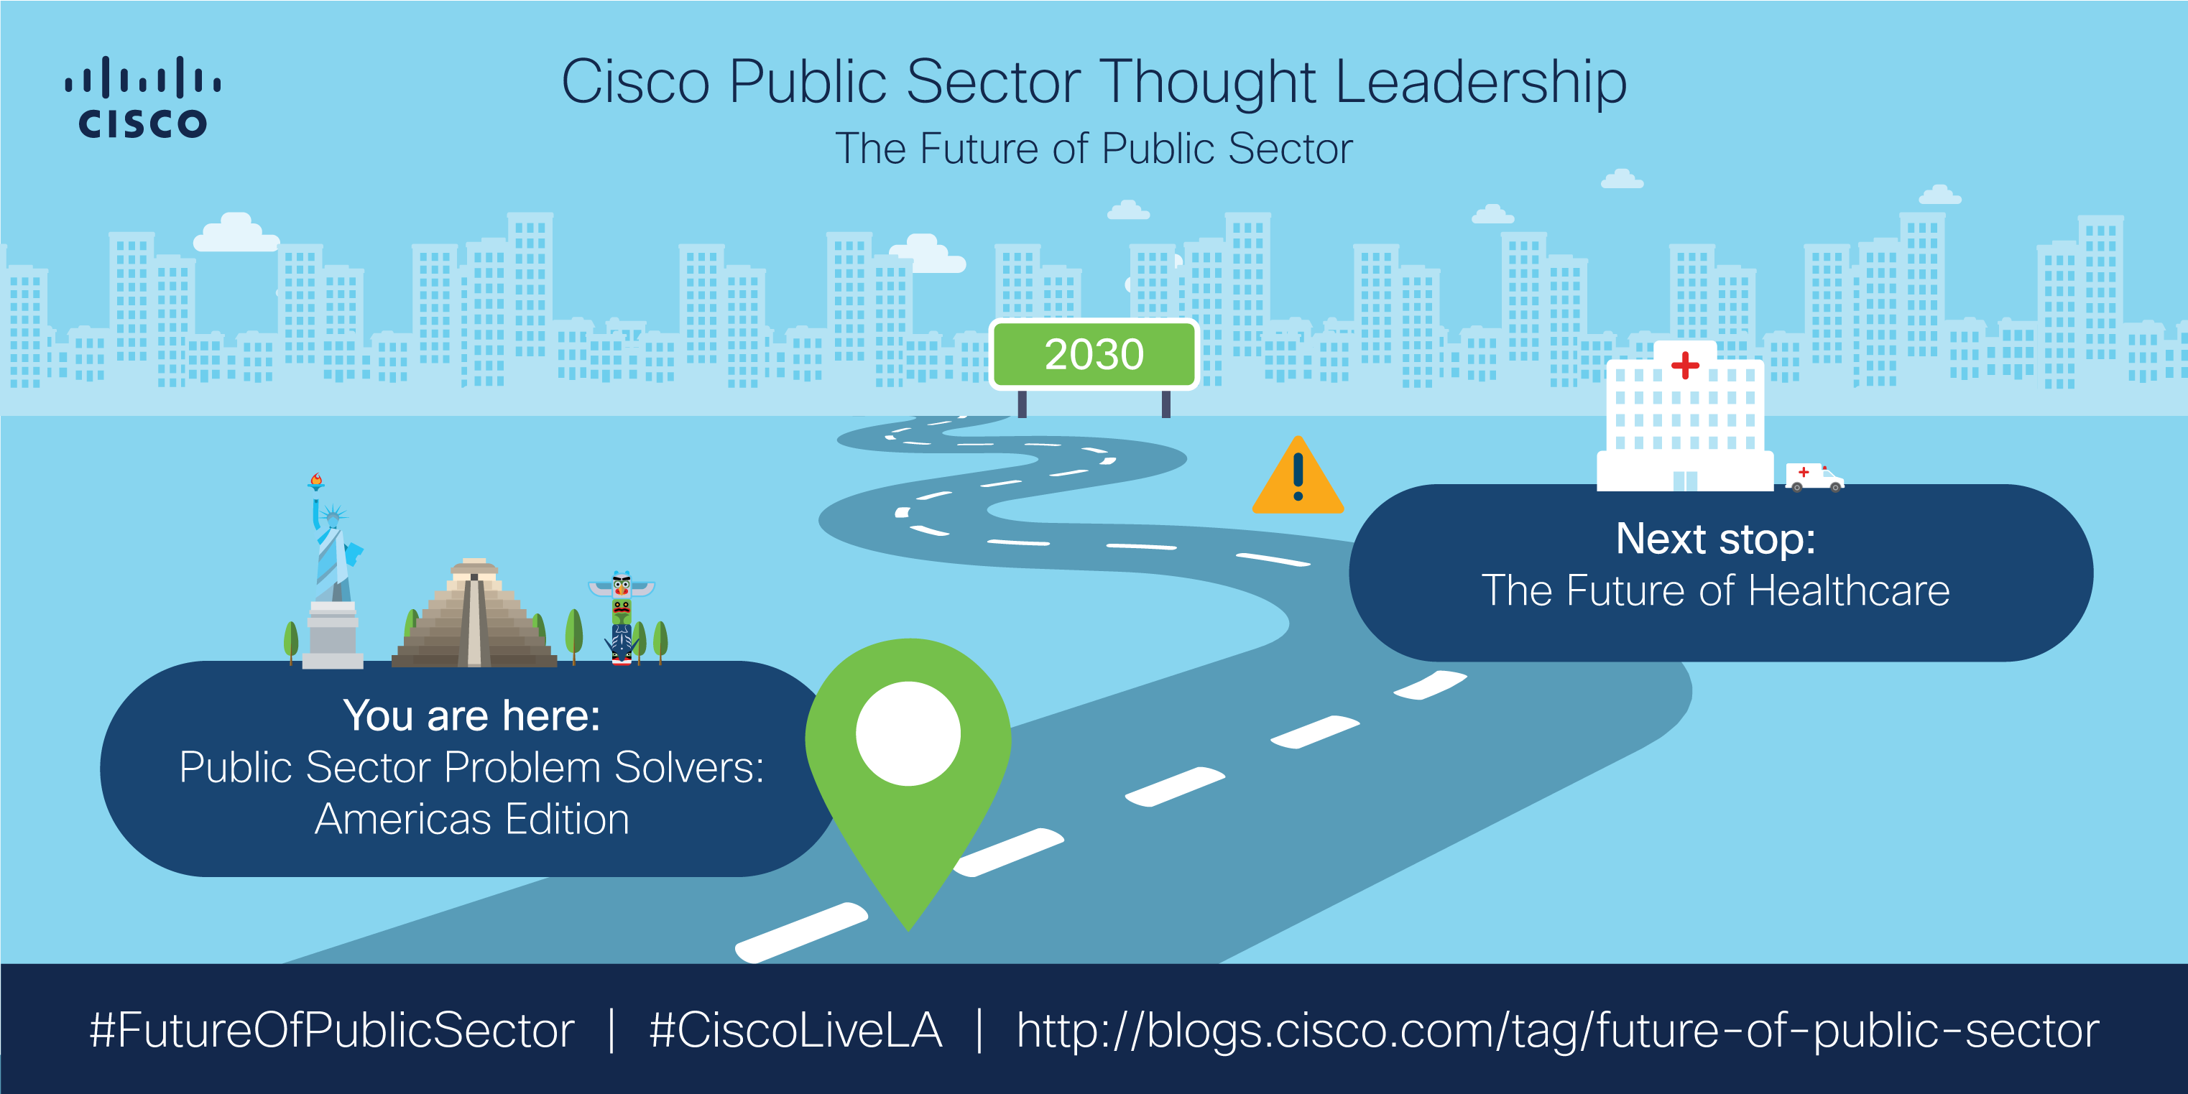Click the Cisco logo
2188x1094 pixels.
click(x=143, y=97)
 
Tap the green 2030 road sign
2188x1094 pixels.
click(x=1094, y=354)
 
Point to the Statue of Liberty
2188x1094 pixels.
click(x=333, y=578)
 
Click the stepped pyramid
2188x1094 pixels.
click(x=474, y=616)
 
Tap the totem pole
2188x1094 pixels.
click(x=622, y=618)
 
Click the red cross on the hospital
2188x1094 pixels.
click(x=1685, y=365)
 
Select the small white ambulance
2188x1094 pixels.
click(x=1814, y=478)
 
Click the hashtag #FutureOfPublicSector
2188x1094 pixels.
click(x=332, y=1030)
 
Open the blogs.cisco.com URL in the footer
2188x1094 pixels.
click(x=1557, y=1030)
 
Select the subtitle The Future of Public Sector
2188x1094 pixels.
click(x=1094, y=149)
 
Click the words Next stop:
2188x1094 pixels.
click(x=1715, y=539)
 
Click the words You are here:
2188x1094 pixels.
click(x=471, y=715)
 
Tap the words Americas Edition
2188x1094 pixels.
click(x=471, y=820)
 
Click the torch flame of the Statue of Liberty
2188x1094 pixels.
click(x=316, y=480)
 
